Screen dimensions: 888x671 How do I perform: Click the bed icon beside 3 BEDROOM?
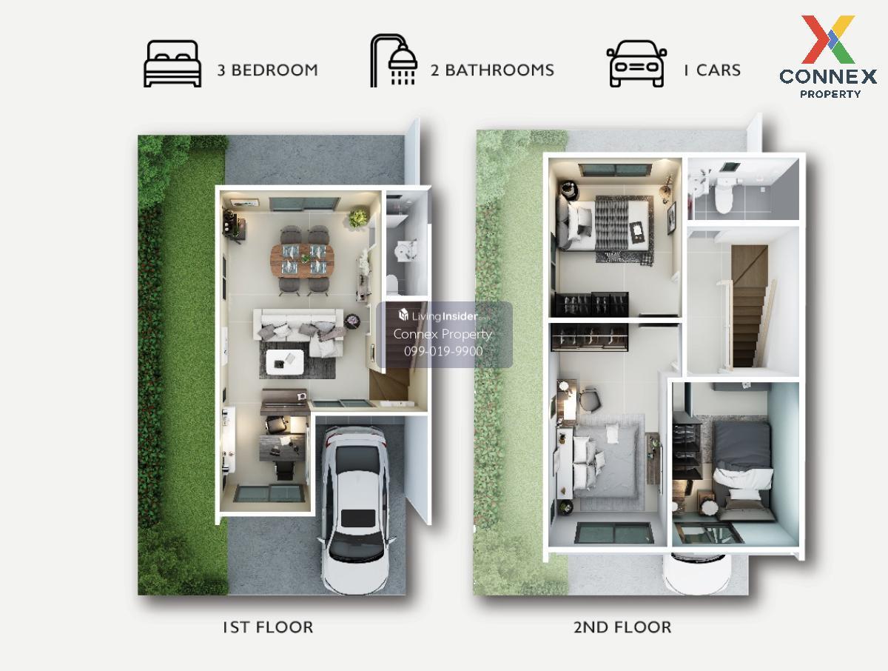[x=172, y=64]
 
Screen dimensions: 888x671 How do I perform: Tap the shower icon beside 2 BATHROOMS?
[x=394, y=60]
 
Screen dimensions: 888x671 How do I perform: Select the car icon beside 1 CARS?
[x=636, y=64]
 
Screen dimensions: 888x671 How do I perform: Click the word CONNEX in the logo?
[x=828, y=77]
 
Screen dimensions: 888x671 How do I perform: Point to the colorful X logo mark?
[x=828, y=39]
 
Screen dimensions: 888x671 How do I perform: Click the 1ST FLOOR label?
[x=268, y=627]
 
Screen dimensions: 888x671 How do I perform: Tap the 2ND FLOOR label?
[x=622, y=627]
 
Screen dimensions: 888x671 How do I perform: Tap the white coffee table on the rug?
[x=285, y=362]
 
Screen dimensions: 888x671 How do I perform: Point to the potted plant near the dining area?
[x=358, y=218]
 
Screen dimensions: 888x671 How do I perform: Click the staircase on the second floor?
[x=749, y=306]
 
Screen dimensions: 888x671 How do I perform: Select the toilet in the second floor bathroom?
[x=723, y=197]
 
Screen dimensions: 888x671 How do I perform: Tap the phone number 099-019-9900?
[x=443, y=351]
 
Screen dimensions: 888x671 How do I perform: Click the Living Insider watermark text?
[x=438, y=316]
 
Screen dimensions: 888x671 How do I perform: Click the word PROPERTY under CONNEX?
[x=830, y=94]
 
